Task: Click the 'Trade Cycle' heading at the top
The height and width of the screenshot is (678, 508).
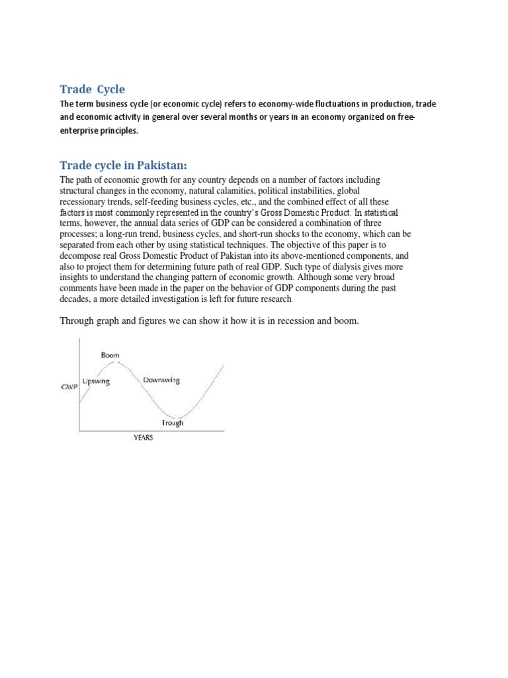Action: tap(92, 89)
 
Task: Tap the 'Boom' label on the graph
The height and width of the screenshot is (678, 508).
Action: tap(110, 356)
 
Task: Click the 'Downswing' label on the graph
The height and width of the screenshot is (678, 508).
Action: tap(161, 381)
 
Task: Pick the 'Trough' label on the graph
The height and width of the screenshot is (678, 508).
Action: tap(173, 423)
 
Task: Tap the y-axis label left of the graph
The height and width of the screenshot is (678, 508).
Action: tap(69, 386)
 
